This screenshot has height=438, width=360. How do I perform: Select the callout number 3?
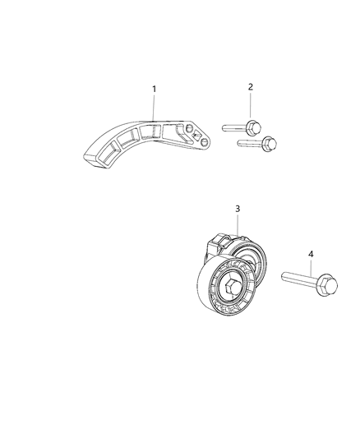[238, 210]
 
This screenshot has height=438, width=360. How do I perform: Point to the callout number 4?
[311, 255]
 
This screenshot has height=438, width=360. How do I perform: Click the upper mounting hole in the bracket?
[190, 129]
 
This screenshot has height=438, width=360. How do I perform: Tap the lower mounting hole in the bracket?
[201, 141]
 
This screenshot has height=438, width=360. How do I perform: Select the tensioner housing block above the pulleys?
[220, 244]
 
